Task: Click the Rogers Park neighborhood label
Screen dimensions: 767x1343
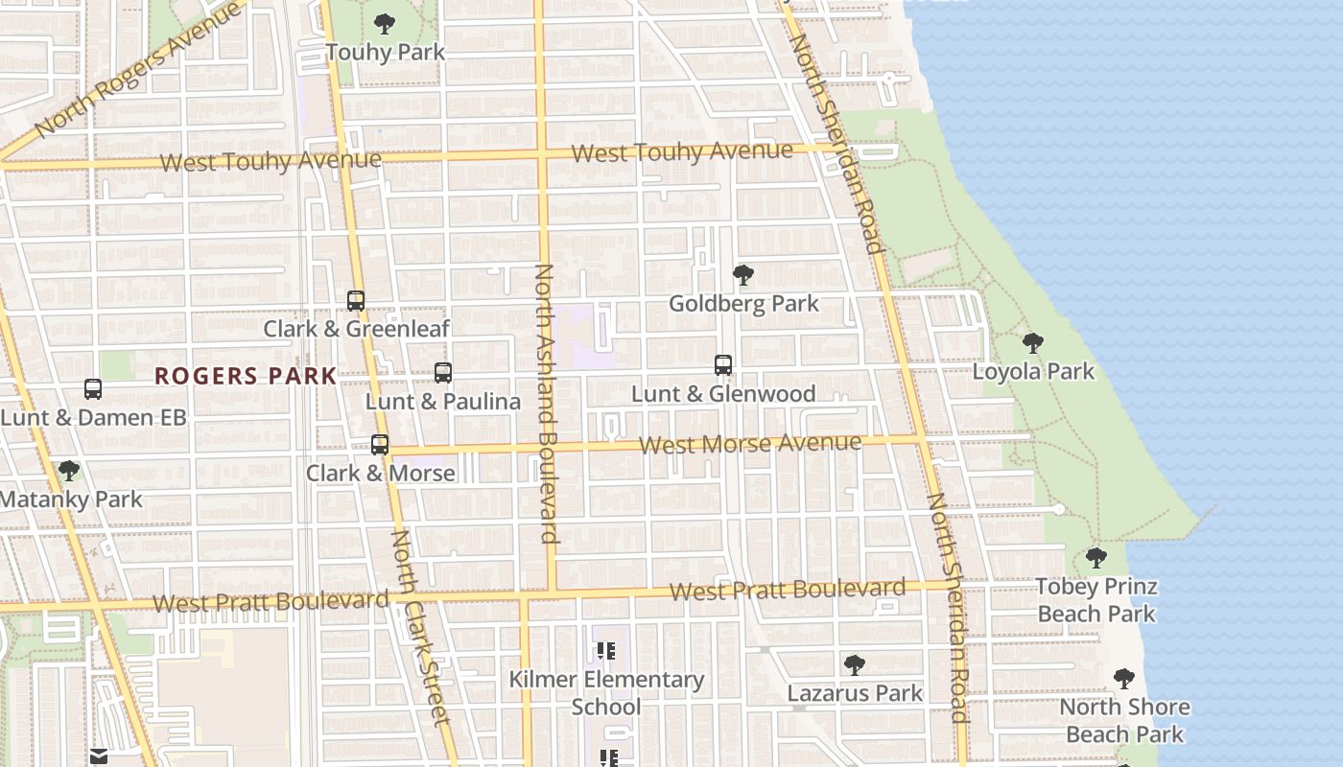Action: [x=246, y=376]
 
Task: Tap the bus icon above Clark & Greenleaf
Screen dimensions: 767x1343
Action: [x=356, y=300]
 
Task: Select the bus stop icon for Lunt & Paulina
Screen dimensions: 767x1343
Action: [x=443, y=372]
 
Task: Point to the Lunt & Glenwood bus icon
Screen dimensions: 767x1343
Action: [x=723, y=365]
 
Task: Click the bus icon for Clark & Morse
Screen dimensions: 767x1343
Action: [x=380, y=445]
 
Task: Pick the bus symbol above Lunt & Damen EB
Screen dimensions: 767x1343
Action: [x=93, y=389]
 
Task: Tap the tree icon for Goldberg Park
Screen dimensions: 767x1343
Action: [x=742, y=276]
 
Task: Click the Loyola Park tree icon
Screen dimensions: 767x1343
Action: [x=1033, y=343]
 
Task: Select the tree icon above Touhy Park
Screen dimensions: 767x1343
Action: [x=385, y=24]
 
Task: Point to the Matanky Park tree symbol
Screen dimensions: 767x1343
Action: [x=68, y=471]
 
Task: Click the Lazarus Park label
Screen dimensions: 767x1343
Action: [x=855, y=693]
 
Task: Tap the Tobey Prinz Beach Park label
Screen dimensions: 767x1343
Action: [x=1096, y=599]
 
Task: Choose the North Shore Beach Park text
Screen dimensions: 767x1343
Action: [x=1124, y=720]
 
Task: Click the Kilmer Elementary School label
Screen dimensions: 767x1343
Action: [x=606, y=692]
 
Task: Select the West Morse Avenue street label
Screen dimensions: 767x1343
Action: [x=750, y=444]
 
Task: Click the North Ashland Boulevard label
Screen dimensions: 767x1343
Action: [x=546, y=403]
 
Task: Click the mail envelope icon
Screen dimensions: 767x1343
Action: [x=98, y=756]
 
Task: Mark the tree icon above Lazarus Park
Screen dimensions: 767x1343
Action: [x=854, y=665]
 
